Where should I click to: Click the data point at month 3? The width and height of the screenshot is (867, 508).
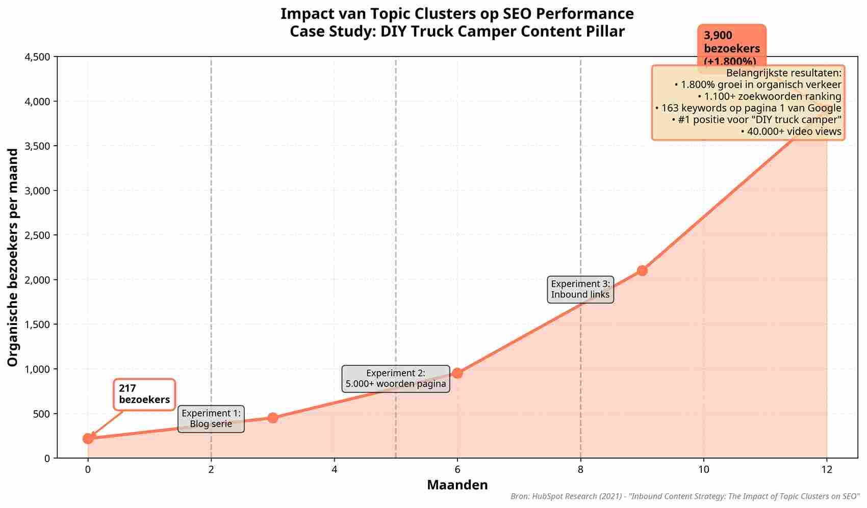(273, 418)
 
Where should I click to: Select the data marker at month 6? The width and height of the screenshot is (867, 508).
(457, 373)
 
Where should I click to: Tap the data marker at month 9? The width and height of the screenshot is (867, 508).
(642, 270)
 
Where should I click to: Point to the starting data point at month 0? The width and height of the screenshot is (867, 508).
(88, 438)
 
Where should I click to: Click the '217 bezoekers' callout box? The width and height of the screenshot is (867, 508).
(144, 394)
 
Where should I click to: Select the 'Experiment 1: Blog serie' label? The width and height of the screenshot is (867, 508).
(211, 419)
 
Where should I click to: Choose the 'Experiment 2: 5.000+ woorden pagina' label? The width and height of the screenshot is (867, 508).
(396, 379)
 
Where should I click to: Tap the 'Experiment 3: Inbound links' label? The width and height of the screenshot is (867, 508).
(580, 289)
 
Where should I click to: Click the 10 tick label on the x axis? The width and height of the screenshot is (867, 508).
(704, 469)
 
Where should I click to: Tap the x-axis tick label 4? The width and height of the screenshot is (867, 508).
(334, 469)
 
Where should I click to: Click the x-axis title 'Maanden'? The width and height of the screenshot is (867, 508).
(457, 485)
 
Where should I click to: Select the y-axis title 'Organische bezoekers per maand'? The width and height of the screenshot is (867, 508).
(13, 257)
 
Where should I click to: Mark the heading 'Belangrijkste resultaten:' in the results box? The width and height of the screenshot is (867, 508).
(783, 73)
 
